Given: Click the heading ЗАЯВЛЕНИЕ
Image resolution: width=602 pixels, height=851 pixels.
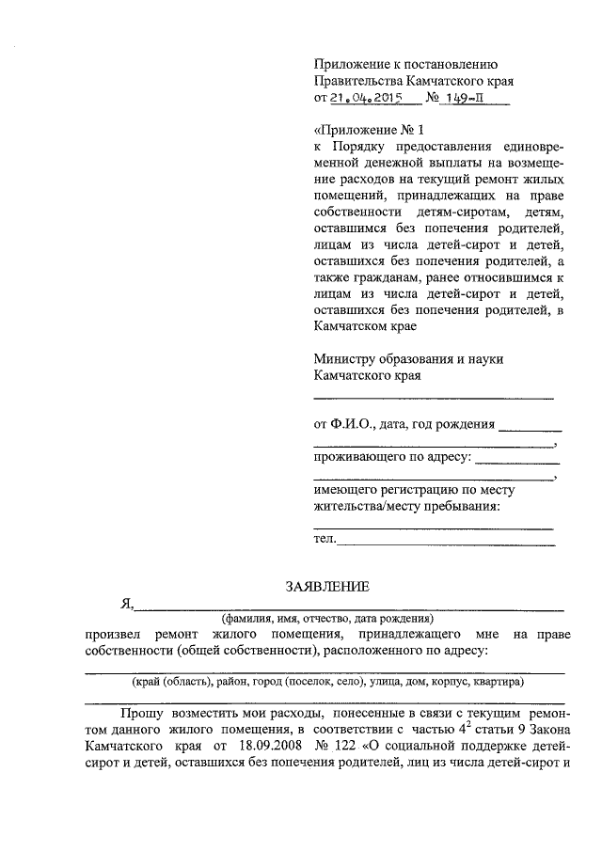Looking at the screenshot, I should coord(328,586).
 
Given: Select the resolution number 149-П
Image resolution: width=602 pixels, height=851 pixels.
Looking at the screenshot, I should coord(462,97).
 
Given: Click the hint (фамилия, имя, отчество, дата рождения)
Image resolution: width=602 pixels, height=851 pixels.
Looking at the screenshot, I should coord(327,619).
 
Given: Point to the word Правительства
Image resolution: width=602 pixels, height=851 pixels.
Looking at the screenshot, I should coord(363,81).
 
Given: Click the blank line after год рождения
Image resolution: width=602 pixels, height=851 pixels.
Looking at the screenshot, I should coord(531,428).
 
